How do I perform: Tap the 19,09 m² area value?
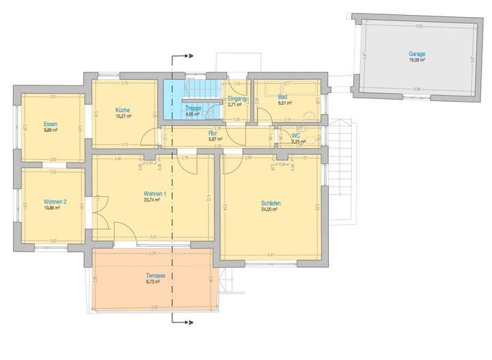coord(417,59)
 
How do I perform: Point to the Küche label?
coord(123,110)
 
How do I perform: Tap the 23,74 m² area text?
coord(152,201)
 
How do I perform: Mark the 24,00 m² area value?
coord(269,210)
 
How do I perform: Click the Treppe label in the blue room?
coord(193,109)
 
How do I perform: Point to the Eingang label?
coord(237,99)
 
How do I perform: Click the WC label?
coord(296,135)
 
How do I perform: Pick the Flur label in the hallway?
coord(212,133)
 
